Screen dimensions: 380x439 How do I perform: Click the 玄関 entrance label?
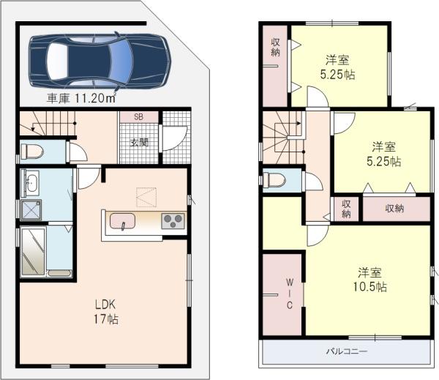point(140,141)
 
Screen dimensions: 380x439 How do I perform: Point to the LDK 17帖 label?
point(104,311)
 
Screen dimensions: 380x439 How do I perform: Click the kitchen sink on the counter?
point(122,220)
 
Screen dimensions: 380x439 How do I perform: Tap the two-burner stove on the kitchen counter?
point(173,220)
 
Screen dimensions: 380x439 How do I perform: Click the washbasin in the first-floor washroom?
point(31,182)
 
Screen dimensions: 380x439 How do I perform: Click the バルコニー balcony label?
point(346,352)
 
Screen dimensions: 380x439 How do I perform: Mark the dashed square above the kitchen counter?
point(146,197)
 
